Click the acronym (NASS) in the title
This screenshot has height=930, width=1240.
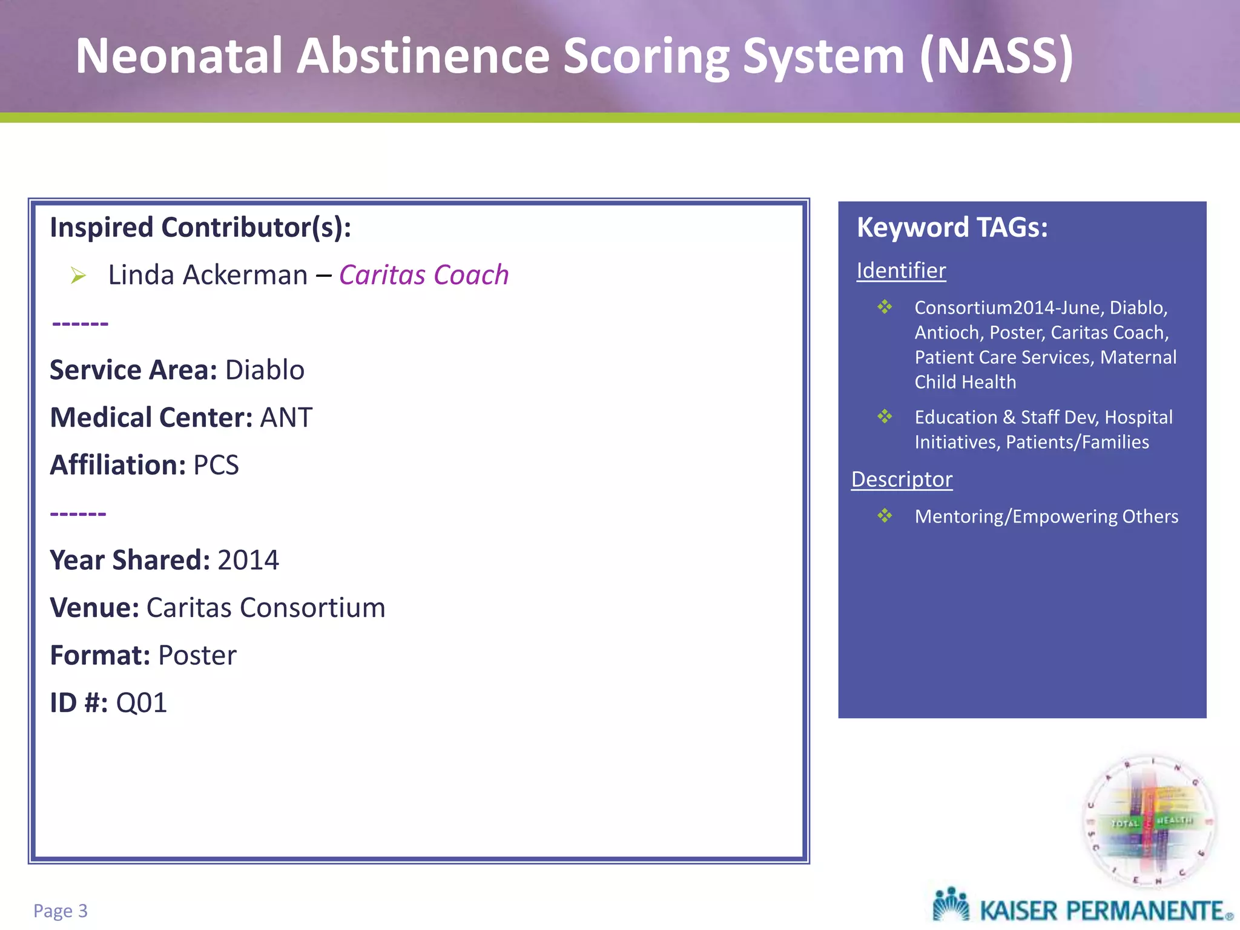996,56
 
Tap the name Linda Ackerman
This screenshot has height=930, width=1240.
208,275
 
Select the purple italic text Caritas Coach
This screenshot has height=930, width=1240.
423,275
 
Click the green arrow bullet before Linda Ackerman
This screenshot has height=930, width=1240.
78,275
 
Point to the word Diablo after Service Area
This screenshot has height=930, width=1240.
265,370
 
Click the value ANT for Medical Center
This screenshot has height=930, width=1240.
286,418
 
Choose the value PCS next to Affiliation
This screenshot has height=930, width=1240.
216,465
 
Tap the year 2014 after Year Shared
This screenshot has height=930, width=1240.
248,560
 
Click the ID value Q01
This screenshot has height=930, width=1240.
141,703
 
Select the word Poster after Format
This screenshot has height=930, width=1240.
197,655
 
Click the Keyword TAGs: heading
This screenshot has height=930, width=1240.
952,228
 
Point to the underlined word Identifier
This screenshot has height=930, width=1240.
901,271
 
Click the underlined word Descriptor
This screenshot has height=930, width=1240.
902,480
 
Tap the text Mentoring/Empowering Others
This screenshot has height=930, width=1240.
1046,516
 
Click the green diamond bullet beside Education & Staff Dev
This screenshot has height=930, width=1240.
885,417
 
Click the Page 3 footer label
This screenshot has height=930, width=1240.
61,911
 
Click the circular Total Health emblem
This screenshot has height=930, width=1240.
1149,822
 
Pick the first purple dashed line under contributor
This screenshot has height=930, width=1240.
80,324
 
